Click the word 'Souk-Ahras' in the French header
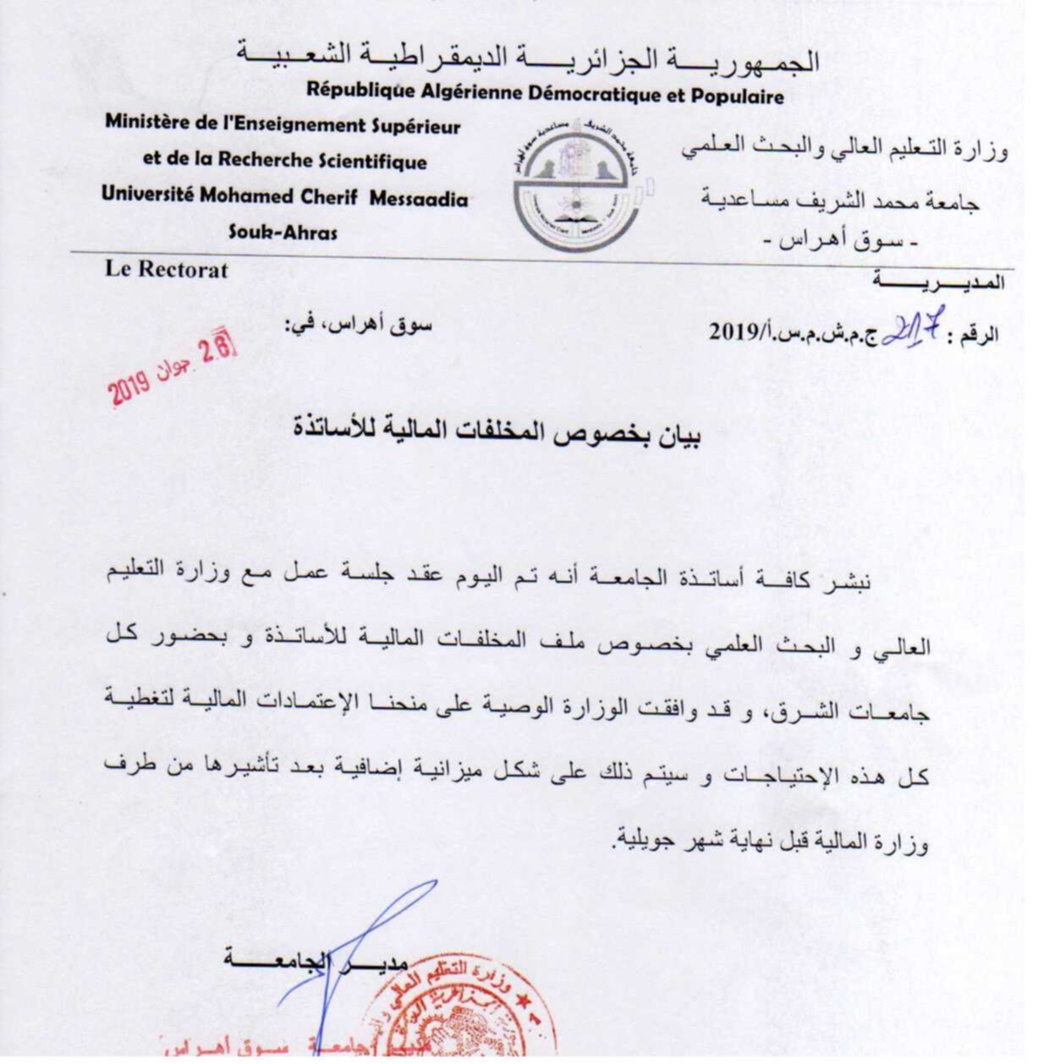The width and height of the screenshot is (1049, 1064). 283,232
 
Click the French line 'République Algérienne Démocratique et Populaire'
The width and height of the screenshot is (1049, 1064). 545,92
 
